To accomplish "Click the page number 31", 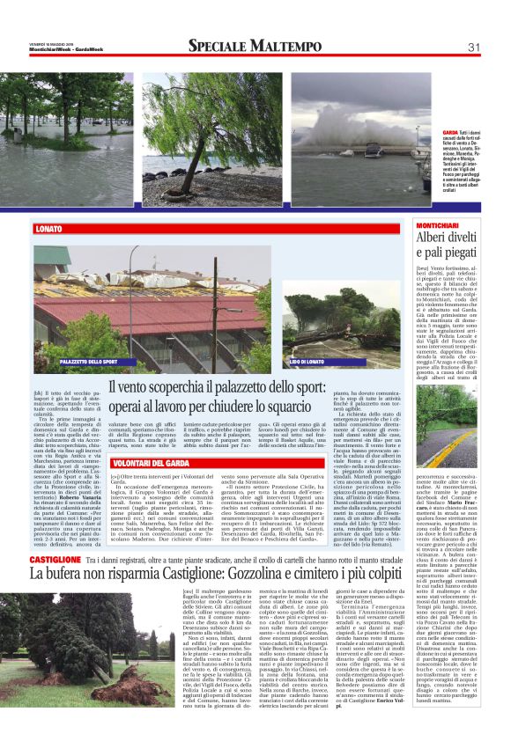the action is (473, 47).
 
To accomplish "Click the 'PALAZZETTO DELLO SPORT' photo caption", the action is (89, 363).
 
